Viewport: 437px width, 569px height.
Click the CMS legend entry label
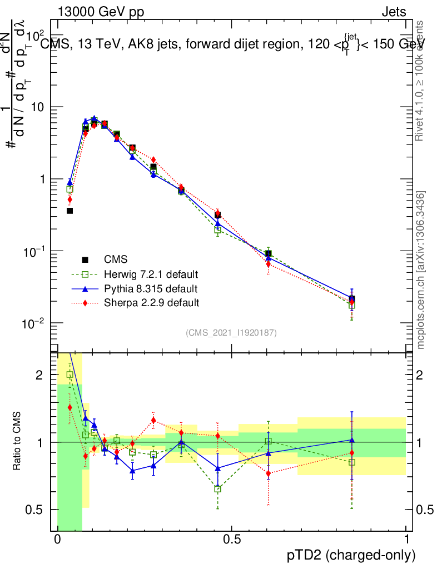pos(116,259)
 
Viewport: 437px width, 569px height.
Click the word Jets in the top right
pos(394,12)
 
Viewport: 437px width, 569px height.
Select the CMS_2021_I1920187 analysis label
pos(231,333)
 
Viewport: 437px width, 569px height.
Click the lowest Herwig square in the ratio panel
pos(218,489)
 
